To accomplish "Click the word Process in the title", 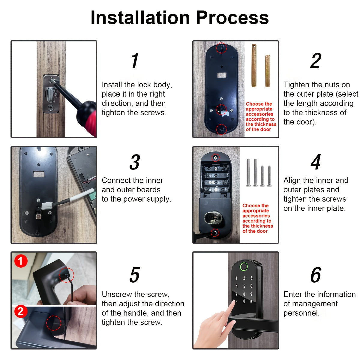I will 232,18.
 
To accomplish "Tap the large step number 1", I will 135,61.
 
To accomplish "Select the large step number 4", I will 316,162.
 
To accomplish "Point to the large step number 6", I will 316,275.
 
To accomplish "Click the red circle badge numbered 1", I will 20,261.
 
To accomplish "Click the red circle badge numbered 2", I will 20,312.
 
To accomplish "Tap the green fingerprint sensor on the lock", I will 244,266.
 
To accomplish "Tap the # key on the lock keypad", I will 251,301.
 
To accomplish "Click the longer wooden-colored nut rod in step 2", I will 254,65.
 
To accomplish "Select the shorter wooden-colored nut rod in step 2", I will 267,71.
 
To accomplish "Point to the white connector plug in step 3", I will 47,206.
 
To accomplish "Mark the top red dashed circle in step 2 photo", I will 221,47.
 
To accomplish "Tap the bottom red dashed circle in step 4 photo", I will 215,232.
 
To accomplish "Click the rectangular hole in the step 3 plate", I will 39,174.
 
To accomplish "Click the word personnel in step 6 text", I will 301,313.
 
